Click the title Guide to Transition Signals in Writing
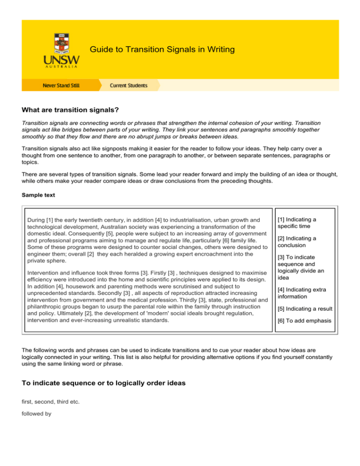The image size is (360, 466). (x=162, y=49)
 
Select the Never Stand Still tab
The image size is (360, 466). (x=61, y=85)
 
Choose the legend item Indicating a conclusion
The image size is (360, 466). (x=296, y=241)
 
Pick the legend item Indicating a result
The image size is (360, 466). (x=305, y=308)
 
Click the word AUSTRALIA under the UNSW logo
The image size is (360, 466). (x=61, y=67)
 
